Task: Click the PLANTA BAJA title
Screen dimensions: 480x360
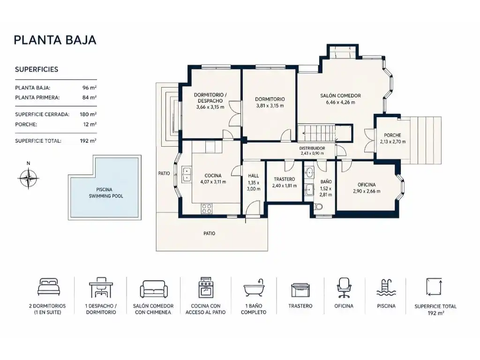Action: (55, 40)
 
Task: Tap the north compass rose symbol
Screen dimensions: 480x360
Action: (28, 178)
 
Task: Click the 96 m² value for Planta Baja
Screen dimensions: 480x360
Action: (90, 88)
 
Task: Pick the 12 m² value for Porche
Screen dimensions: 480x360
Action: (90, 124)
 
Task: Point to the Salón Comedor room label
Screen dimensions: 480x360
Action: (340, 96)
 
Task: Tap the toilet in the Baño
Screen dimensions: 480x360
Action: (319, 207)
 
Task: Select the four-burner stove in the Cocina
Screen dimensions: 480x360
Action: (207, 209)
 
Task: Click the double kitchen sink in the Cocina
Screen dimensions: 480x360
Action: (186, 175)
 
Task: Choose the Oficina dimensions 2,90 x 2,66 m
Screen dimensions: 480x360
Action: (367, 191)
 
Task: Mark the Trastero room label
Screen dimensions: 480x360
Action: (285, 179)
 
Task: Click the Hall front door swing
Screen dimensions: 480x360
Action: (253, 210)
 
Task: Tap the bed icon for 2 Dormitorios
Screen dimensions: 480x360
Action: (49, 287)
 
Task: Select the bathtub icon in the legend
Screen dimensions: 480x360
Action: (254, 288)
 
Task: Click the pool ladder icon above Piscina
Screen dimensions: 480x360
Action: (386, 288)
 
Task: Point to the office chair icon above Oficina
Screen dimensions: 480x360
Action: (344, 288)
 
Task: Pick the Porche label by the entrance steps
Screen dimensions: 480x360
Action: (392, 135)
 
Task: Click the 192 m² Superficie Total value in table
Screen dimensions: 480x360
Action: (88, 141)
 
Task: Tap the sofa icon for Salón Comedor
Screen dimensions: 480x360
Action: (154, 289)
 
